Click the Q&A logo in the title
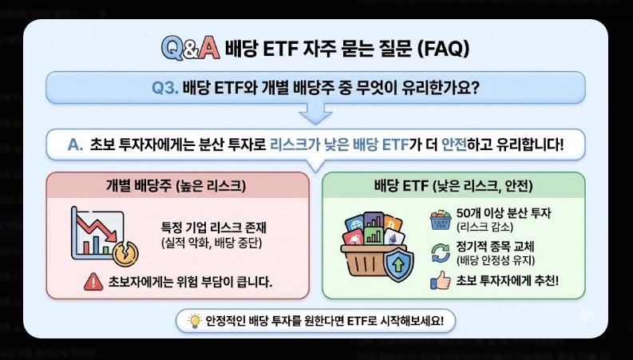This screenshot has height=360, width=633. coord(189,48)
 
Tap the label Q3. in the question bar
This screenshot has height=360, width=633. coord(165,87)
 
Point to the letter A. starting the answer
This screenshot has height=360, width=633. coord(76,144)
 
